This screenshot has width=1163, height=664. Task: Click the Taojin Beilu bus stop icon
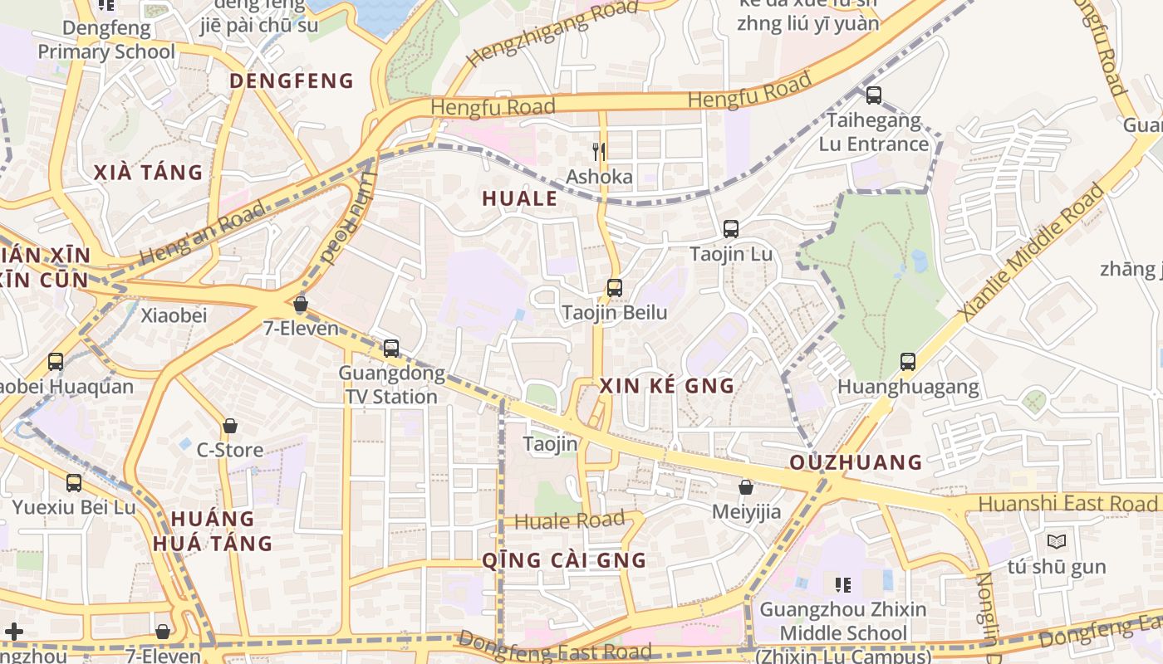click(614, 288)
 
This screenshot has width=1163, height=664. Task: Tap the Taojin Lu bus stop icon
click(731, 229)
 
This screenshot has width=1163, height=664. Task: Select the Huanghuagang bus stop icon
click(908, 362)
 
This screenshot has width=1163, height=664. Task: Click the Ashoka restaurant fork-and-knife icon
click(598, 151)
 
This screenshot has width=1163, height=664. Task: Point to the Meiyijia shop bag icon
click(746, 487)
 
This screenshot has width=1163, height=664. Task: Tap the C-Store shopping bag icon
click(230, 426)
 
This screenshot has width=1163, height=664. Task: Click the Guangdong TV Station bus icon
click(391, 348)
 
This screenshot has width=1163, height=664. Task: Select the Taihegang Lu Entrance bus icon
click(874, 95)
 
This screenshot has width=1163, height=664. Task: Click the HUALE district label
click(519, 199)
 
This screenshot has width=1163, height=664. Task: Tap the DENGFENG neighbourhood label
click(292, 81)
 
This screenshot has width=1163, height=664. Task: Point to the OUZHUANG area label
click(856, 463)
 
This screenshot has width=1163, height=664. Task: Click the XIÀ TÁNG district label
click(148, 173)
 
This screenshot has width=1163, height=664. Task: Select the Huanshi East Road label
click(1067, 504)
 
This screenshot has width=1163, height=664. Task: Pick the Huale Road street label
click(569, 521)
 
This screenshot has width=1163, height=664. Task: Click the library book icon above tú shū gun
click(1057, 541)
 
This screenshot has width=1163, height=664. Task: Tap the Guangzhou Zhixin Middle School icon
click(843, 585)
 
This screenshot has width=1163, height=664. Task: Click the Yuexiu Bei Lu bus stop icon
click(74, 482)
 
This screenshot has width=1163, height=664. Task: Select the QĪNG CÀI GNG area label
click(564, 560)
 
